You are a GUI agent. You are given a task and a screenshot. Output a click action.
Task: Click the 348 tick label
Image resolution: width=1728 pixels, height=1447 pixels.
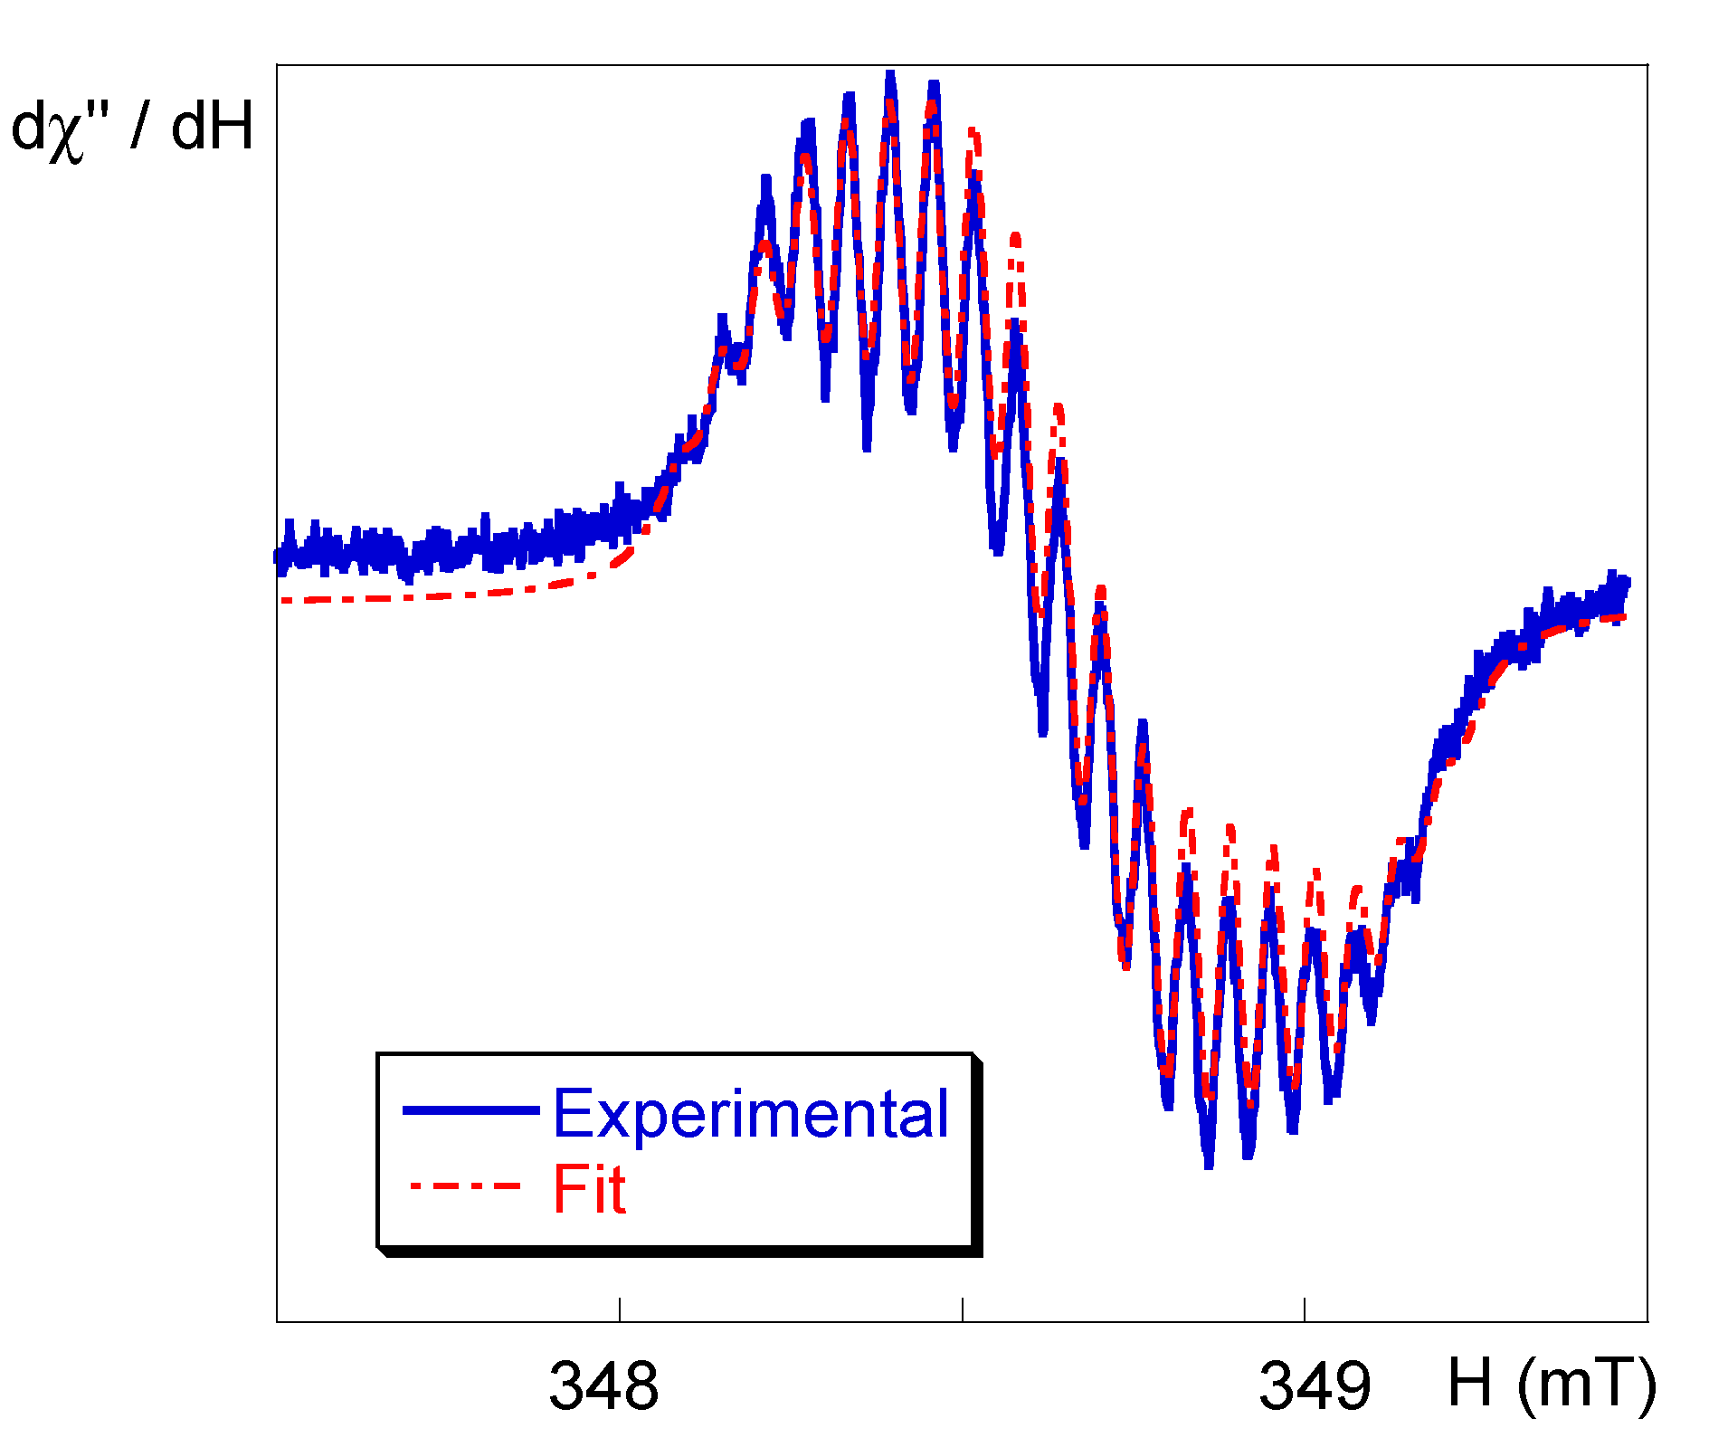(x=603, y=1385)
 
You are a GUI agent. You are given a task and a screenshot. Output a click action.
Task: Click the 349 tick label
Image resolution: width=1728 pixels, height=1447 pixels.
(x=1315, y=1385)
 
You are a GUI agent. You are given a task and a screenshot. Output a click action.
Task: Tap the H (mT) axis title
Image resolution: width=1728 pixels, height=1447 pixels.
(x=1551, y=1384)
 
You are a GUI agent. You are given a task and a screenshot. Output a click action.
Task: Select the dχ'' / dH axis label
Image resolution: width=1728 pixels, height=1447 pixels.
(x=132, y=129)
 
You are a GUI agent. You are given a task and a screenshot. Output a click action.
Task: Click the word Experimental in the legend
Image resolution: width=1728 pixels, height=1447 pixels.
(x=750, y=1113)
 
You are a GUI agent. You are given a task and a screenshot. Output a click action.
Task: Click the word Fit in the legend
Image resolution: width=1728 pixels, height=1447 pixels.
(x=589, y=1189)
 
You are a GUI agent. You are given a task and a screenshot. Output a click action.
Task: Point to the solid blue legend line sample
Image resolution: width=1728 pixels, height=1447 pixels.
(x=470, y=1110)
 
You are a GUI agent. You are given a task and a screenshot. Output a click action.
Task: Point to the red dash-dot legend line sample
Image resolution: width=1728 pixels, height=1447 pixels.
(x=465, y=1185)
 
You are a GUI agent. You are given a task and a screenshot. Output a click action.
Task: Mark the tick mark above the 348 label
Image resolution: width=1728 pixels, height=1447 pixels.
(x=620, y=1309)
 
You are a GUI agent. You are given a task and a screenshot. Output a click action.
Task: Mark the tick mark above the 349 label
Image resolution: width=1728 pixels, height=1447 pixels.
(x=1304, y=1309)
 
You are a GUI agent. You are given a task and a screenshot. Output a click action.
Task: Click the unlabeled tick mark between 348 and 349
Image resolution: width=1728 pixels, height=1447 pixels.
(x=963, y=1309)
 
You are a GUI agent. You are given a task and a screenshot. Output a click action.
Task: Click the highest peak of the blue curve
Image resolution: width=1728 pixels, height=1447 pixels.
(x=890, y=74)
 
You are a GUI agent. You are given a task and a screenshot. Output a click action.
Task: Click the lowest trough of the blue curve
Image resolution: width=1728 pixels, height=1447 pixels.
(x=1209, y=1165)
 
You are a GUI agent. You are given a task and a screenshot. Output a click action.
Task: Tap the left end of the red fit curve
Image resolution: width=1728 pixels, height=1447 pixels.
(x=282, y=600)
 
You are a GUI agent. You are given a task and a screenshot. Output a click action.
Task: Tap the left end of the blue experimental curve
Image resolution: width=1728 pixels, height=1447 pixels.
(x=278, y=558)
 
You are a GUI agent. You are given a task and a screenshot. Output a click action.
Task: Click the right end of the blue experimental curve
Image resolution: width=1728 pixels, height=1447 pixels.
(x=1627, y=582)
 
